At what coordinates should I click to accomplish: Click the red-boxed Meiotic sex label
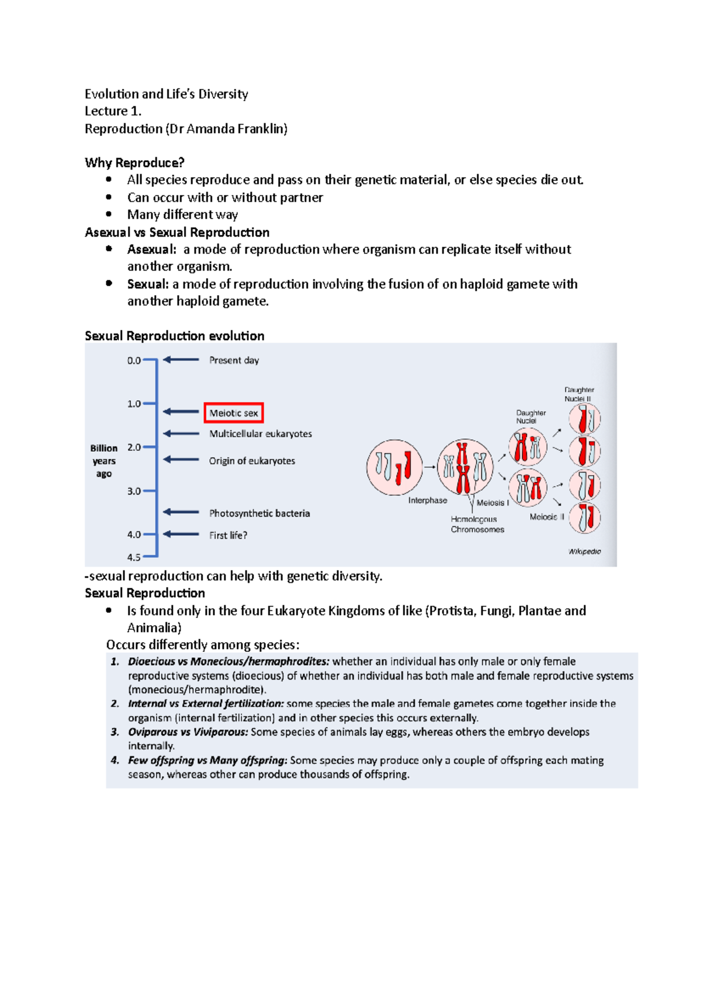point(234,413)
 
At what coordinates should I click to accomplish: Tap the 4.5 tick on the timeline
point(134,557)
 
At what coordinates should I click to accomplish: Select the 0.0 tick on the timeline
point(134,360)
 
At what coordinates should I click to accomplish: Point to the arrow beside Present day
point(181,360)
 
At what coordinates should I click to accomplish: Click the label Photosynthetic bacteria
point(259,514)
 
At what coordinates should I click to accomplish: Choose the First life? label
point(228,535)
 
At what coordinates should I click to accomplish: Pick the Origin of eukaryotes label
point(252,461)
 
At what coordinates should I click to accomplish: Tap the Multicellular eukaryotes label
point(261,434)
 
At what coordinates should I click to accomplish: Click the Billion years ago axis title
point(104,461)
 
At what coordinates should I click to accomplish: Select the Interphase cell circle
point(394,467)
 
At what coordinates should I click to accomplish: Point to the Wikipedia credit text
point(584,552)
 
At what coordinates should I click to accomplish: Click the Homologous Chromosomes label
point(477,525)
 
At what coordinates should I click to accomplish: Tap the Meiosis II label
point(547,517)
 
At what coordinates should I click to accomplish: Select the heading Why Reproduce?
point(134,162)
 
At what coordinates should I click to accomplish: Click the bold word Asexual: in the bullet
point(151,249)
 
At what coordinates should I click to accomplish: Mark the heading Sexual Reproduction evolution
point(174,336)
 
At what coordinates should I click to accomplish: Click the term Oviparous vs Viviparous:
point(188,732)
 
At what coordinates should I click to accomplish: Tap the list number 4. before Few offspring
point(115,761)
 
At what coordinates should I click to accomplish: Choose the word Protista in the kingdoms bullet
point(452,611)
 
